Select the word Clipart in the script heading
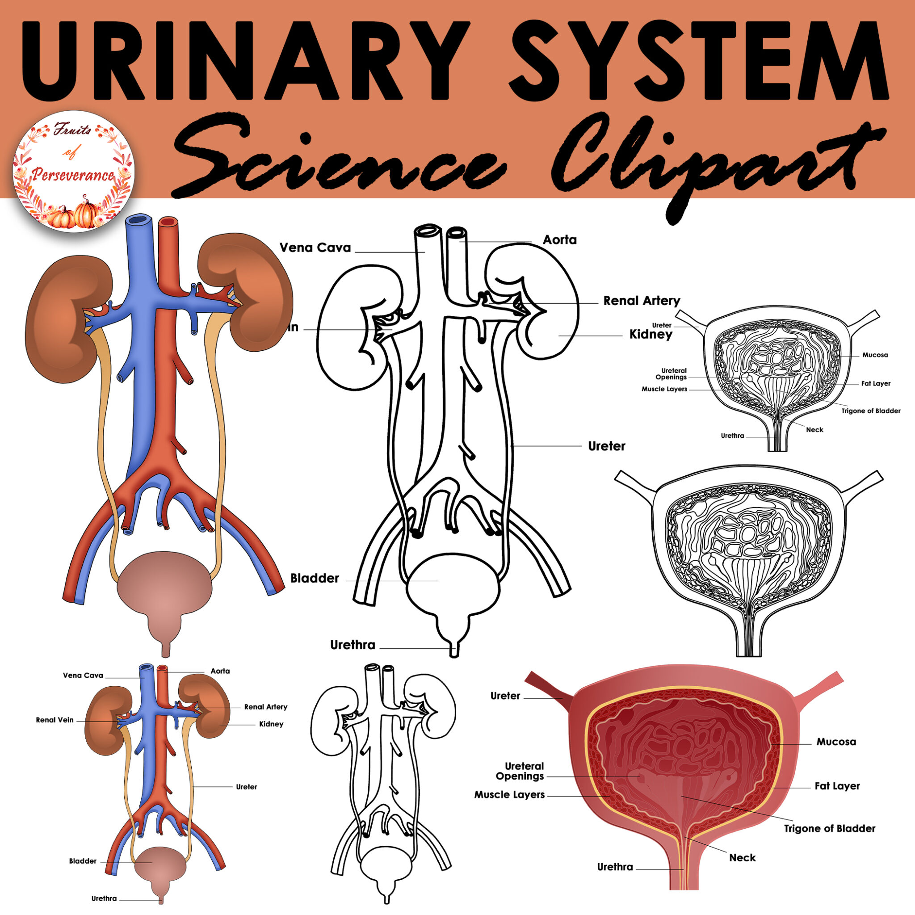coord(710,161)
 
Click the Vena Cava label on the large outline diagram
coord(315,248)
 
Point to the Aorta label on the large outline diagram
coord(559,240)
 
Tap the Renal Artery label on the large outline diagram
coord(641,301)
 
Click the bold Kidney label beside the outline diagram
coord(650,334)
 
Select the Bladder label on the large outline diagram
coord(315,578)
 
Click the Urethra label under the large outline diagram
coord(353,645)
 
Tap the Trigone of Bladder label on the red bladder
coord(829,828)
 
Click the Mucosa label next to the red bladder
coord(836,742)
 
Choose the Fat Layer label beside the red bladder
coord(837,786)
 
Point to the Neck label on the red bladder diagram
coord(742,858)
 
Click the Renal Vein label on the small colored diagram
coord(55,720)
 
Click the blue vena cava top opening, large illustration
coord(139,220)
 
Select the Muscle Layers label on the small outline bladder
coord(664,389)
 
